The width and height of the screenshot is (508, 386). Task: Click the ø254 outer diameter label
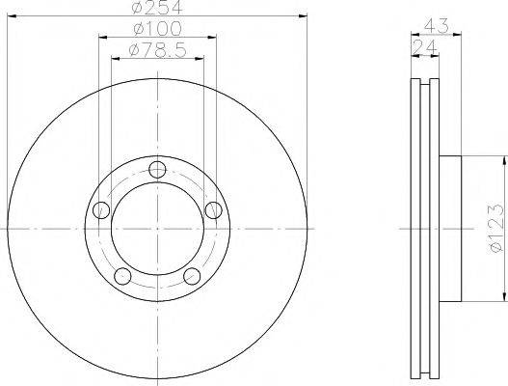click(x=158, y=8)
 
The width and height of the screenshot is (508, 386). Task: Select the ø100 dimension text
click(x=158, y=27)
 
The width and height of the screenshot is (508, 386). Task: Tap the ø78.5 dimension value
click(x=158, y=47)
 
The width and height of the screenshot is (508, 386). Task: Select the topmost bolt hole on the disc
click(x=159, y=171)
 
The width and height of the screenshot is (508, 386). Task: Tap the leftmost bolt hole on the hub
click(x=99, y=209)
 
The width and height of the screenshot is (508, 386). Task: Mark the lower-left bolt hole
click(x=122, y=277)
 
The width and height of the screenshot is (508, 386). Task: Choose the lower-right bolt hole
click(x=194, y=277)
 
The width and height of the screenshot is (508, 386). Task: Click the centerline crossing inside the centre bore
click(x=158, y=229)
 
